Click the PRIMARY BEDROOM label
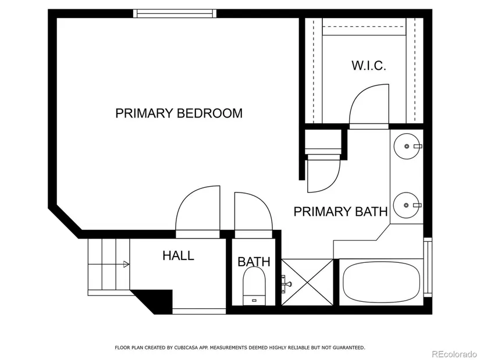pyautogui.click(x=179, y=113)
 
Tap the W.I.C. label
pyautogui.click(x=368, y=66)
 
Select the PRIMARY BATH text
pyautogui.click(x=340, y=212)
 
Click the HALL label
pyautogui.click(x=178, y=255)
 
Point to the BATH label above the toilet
pyautogui.click(x=254, y=262)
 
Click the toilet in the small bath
pyautogui.click(x=254, y=286)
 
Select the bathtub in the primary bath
pyautogui.click(x=381, y=282)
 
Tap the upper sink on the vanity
pyautogui.click(x=407, y=146)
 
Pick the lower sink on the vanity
pyautogui.click(x=407, y=205)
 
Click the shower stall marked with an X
pyautogui.click(x=307, y=282)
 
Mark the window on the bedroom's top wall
pyautogui.click(x=175, y=13)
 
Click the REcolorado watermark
pyautogui.click(x=454, y=354)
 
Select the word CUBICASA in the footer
pyautogui.click(x=186, y=347)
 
